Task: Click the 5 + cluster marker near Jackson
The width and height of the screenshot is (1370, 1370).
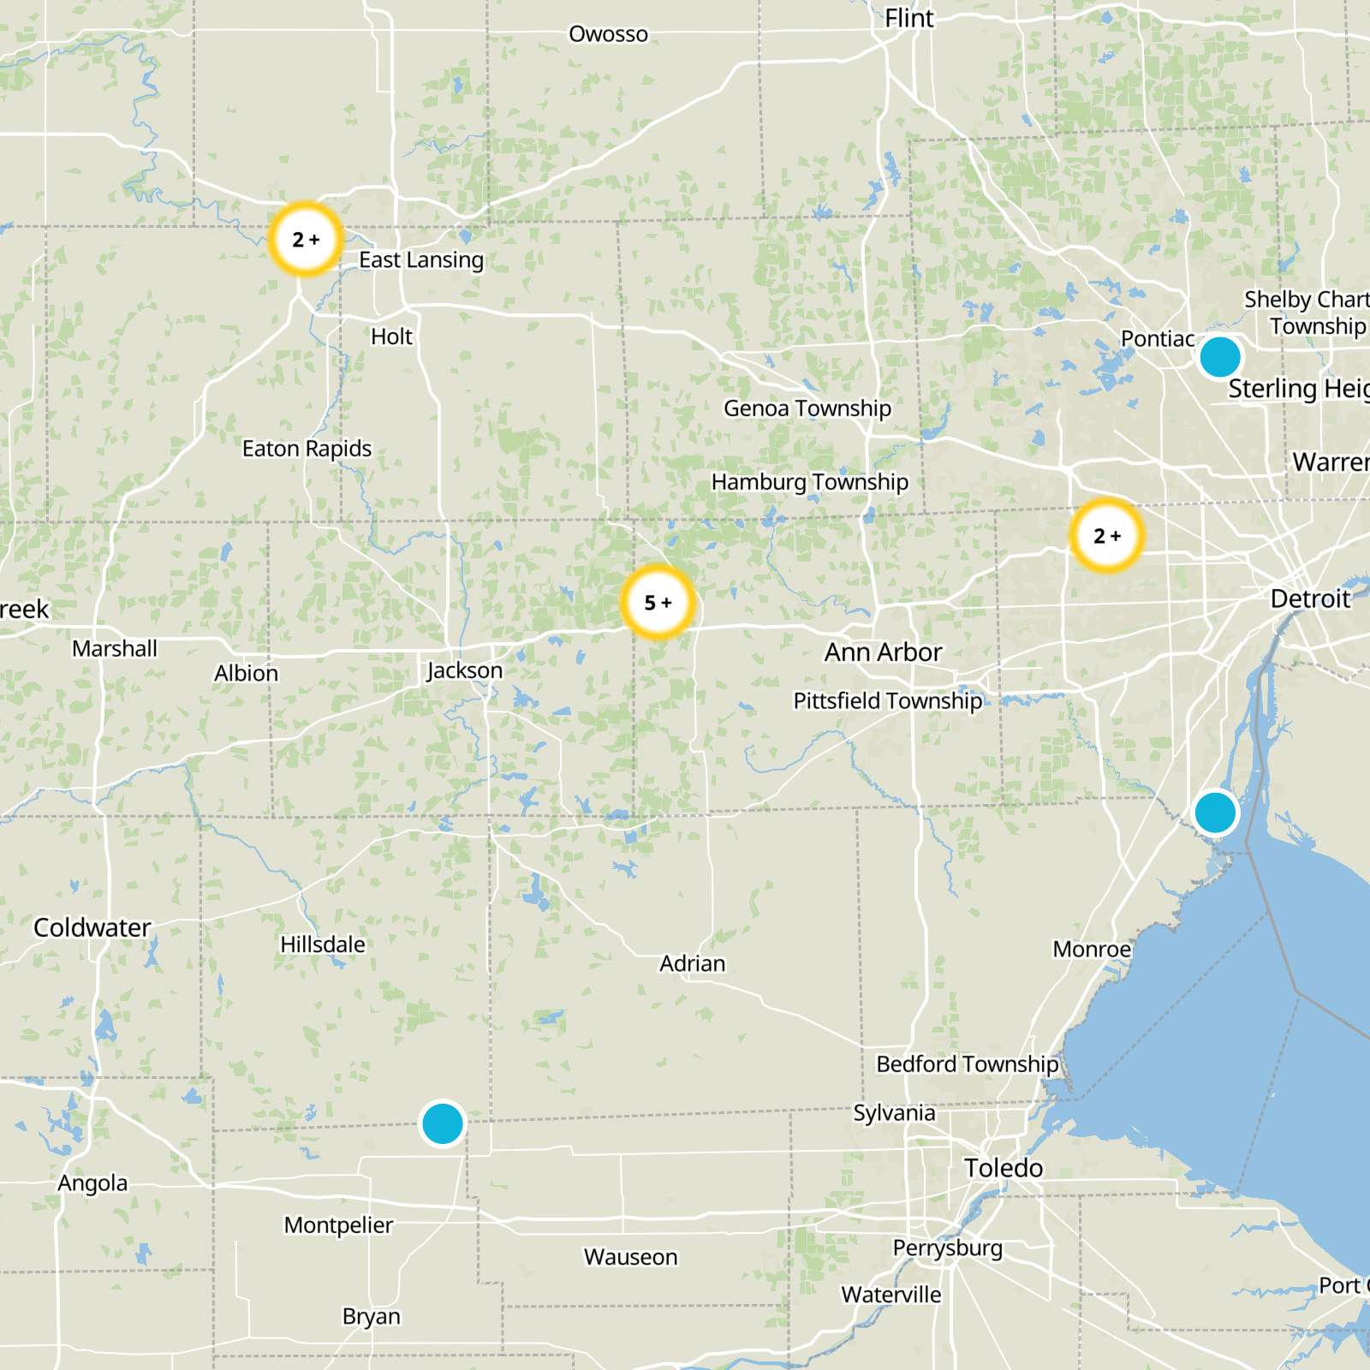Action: point(658,603)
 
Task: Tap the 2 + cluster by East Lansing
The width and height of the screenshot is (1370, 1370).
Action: point(306,239)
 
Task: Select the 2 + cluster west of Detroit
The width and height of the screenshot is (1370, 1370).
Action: point(1107,536)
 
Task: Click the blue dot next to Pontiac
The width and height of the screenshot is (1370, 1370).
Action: point(1219,356)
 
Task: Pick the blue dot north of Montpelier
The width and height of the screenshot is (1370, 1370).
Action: point(443,1123)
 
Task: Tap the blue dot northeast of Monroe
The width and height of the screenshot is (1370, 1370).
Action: point(1214,812)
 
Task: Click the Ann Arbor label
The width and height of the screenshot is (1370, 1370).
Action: point(883,652)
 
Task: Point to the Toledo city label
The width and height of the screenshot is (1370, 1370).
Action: point(1004,1168)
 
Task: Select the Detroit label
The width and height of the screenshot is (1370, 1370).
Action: point(1310,599)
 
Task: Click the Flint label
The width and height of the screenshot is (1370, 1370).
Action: point(909,18)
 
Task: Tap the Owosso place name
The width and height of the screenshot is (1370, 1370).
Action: point(608,34)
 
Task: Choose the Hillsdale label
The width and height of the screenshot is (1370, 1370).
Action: point(323,944)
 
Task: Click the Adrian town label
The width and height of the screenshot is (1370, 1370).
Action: point(692,963)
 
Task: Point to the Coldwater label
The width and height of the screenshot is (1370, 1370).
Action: point(92,927)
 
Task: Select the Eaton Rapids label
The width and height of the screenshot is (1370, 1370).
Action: point(307,449)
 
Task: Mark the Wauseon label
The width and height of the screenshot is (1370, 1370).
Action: point(630,1257)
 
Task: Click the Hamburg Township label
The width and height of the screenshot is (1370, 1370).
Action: point(809,482)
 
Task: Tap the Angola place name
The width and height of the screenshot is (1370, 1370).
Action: point(92,1183)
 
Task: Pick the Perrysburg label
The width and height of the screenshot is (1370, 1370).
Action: point(947,1248)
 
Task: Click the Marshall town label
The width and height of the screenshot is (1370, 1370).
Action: point(115,648)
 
